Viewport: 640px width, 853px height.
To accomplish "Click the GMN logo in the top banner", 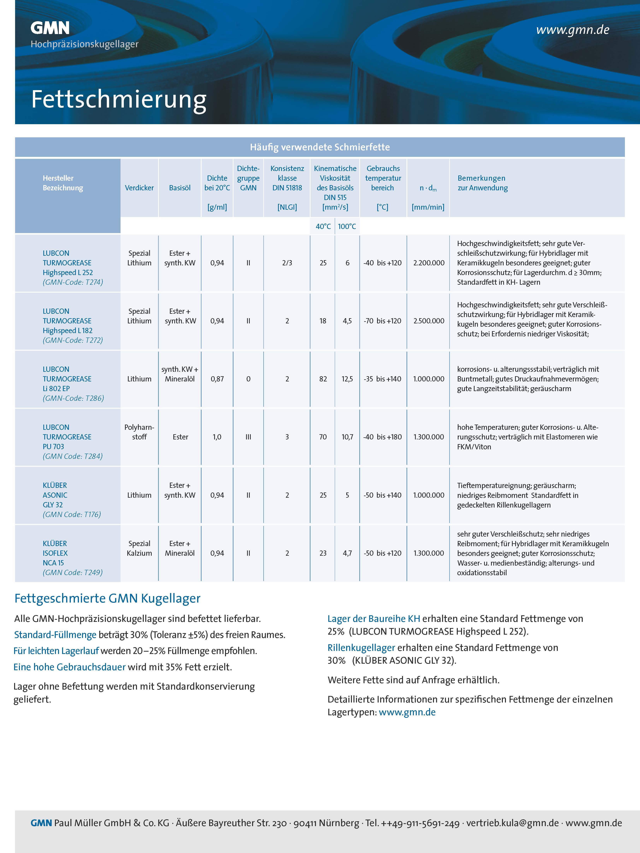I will [50, 28].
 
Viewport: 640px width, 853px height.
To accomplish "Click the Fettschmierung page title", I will [119, 99].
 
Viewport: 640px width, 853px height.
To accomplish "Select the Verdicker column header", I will [139, 188].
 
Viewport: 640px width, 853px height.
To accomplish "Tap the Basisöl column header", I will [180, 188].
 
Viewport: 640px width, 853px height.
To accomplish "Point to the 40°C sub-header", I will [323, 226].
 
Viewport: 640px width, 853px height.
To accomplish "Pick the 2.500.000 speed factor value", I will [429, 321].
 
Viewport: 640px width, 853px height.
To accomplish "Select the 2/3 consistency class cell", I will [287, 263].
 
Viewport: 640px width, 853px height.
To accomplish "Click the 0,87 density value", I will [217, 379].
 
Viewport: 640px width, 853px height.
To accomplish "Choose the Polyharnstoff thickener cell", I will [139, 432].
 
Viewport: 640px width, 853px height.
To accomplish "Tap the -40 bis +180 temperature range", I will [382, 437].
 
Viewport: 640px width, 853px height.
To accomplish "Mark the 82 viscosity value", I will [323, 379].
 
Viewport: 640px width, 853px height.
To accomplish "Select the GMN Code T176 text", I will [72, 515].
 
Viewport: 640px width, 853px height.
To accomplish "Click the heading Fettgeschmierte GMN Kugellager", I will [107, 598].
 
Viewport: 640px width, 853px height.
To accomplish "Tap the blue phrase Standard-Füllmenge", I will [55, 635].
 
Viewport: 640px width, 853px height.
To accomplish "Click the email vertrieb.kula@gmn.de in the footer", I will [512, 823].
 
